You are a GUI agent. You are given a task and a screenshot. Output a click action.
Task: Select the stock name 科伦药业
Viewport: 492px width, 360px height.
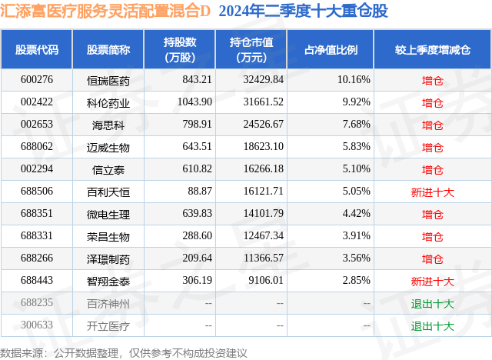108,102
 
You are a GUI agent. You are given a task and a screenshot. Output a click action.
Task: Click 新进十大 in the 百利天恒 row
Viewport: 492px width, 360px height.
433,192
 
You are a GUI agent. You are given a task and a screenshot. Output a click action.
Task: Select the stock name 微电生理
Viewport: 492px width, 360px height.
108,214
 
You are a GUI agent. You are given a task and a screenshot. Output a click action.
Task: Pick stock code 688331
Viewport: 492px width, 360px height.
37,236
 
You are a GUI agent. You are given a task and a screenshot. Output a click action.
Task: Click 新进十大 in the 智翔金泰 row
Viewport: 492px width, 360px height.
433,281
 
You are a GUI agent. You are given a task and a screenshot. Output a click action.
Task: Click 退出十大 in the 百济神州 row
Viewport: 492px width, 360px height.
433,303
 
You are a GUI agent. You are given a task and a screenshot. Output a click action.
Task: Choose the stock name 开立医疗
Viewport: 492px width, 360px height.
108,325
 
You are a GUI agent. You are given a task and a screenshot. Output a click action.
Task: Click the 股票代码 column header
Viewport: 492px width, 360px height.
37,49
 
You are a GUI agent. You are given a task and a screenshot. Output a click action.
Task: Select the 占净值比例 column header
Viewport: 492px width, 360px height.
337,49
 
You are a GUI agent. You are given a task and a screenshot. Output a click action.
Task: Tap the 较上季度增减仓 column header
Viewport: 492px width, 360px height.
433,49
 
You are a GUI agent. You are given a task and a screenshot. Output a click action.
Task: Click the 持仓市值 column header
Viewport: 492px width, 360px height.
253,49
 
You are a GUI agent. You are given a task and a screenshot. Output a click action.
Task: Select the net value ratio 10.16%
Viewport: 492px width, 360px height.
353,80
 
